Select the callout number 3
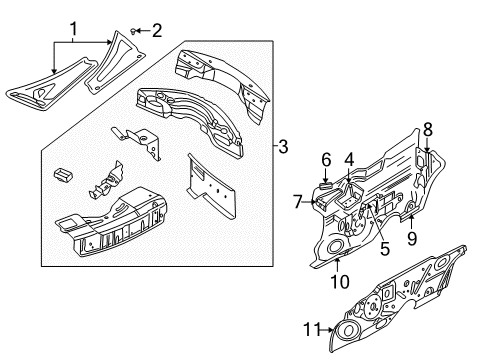(283, 147)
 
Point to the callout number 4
(349, 157)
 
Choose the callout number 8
(427, 128)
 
